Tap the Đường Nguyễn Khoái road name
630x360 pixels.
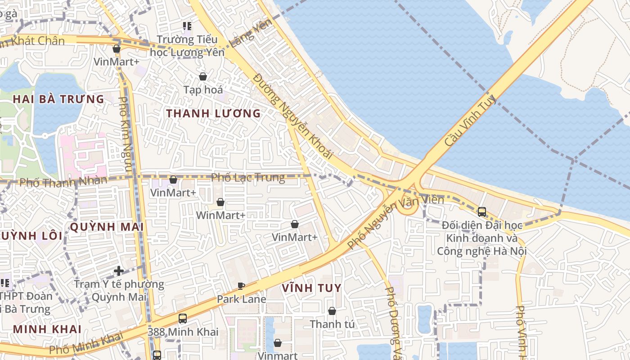click(292, 116)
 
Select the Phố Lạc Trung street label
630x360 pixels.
click(248, 178)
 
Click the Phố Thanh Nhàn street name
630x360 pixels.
click(63, 182)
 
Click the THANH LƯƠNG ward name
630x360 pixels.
click(213, 113)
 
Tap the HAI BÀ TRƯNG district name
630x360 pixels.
click(58, 99)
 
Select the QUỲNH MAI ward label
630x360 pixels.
click(107, 227)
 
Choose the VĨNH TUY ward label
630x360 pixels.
click(311, 288)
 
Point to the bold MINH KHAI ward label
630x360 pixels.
click(47, 329)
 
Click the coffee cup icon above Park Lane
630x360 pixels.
click(241, 286)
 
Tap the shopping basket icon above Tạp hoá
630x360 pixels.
click(203, 76)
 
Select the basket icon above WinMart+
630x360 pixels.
click(220, 202)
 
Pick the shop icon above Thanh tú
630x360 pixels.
click(332, 311)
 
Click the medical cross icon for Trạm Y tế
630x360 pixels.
click(119, 271)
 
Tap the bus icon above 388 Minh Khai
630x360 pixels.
click(183, 319)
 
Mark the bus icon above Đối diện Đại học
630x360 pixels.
click(481, 211)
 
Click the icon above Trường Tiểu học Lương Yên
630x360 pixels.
click(187, 27)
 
